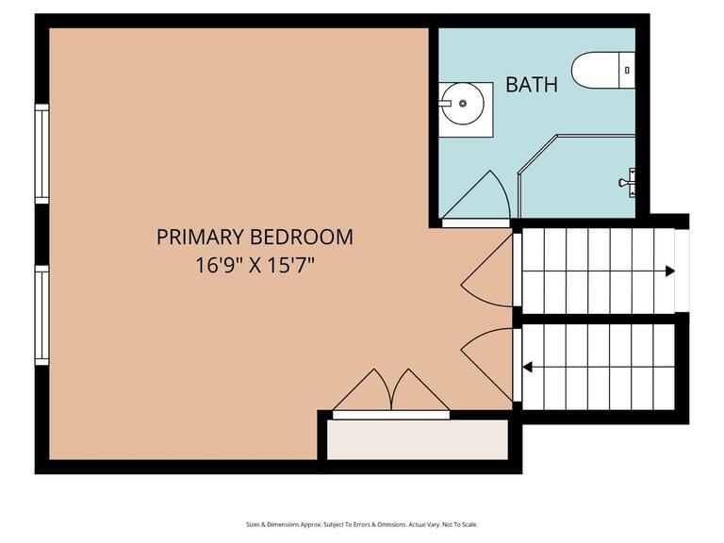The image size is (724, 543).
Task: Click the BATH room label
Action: (x=532, y=84)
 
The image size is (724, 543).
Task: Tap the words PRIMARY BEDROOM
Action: (x=255, y=237)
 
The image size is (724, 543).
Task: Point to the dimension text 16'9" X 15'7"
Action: (x=255, y=265)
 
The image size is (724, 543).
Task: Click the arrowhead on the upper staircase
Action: (x=669, y=271)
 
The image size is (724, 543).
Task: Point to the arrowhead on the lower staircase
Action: (x=527, y=367)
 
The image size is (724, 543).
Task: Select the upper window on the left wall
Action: (x=41, y=153)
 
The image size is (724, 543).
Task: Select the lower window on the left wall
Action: (x=41, y=315)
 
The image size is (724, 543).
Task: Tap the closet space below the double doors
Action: (x=418, y=439)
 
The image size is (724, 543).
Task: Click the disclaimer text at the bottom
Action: (x=362, y=524)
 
